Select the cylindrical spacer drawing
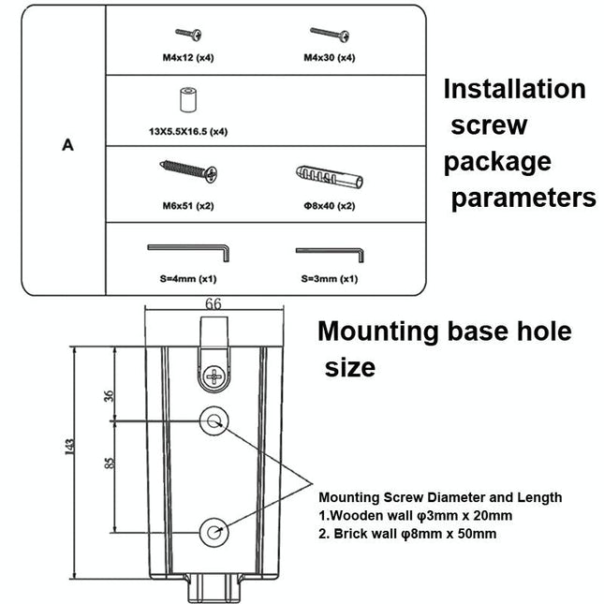click(187, 99)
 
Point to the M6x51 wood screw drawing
click(190, 172)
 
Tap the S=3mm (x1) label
click(330, 279)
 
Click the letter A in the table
click(67, 145)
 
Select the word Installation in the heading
click(514, 90)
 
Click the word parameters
click(523, 199)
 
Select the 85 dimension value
click(110, 462)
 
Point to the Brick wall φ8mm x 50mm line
click(408, 534)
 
